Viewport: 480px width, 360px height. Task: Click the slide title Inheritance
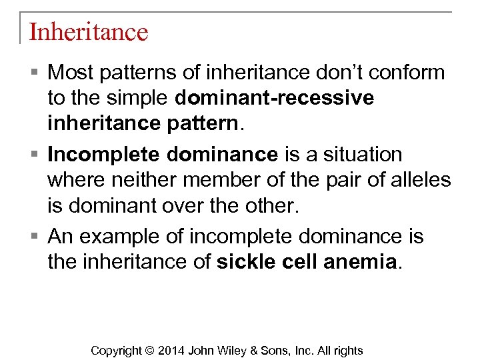88,32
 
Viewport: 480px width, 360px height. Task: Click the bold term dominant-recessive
274,99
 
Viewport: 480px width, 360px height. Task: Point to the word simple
137,99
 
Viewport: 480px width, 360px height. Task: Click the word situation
363,155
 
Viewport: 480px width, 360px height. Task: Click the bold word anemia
359,263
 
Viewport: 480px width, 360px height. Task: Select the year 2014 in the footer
171,351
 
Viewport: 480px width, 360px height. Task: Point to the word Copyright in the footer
116,351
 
